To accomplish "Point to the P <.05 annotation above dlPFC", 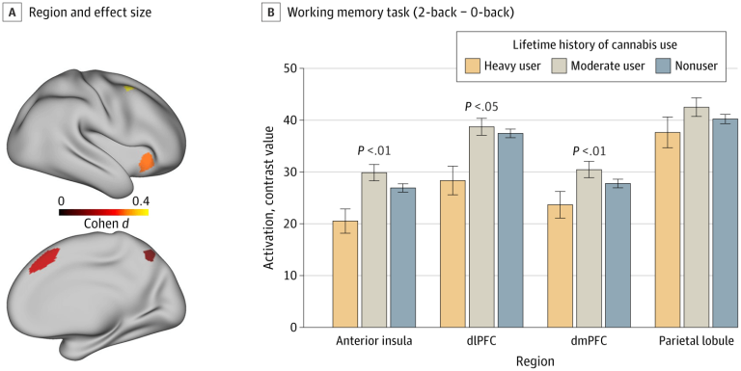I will click(481, 107).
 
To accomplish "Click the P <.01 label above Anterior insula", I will click(375, 150).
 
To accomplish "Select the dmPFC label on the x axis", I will click(588, 341).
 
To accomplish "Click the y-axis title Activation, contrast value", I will click(271, 198).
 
